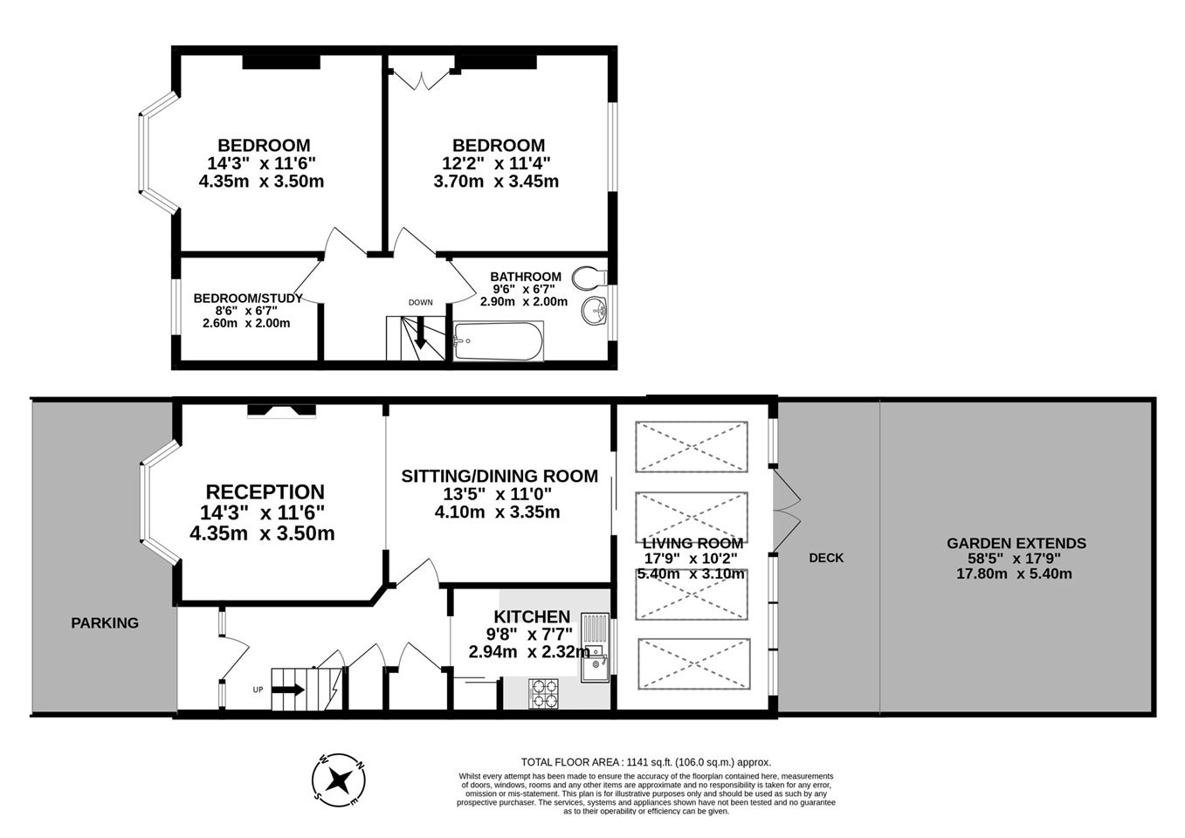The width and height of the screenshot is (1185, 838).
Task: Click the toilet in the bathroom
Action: click(589, 278)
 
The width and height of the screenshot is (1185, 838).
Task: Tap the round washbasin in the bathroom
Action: click(594, 311)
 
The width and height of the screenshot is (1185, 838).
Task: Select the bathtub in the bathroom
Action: click(498, 341)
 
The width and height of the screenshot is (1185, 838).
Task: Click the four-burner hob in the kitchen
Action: click(543, 693)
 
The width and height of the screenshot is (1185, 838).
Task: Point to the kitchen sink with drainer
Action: click(596, 647)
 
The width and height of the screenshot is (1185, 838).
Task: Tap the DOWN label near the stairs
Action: click(421, 302)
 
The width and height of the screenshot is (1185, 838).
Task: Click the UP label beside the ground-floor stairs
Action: click(258, 690)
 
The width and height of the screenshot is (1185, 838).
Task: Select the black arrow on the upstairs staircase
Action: click(421, 333)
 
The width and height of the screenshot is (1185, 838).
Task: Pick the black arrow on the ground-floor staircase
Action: click(288, 690)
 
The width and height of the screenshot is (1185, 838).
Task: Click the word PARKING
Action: click(105, 622)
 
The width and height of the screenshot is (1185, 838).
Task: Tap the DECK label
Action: click(826, 558)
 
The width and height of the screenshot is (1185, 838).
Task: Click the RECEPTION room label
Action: click(265, 491)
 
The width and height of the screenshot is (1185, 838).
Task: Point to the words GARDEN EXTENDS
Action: click(1016, 543)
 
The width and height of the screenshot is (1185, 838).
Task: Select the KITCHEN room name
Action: click(532, 616)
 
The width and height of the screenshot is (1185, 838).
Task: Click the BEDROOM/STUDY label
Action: click(248, 299)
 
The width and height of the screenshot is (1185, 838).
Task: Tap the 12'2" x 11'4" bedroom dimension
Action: click(496, 163)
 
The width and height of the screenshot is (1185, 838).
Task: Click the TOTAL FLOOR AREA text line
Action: click(646, 762)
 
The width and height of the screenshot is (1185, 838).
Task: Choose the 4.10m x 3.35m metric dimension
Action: click(497, 512)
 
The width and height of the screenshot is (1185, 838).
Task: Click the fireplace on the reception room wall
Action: click(282, 411)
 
